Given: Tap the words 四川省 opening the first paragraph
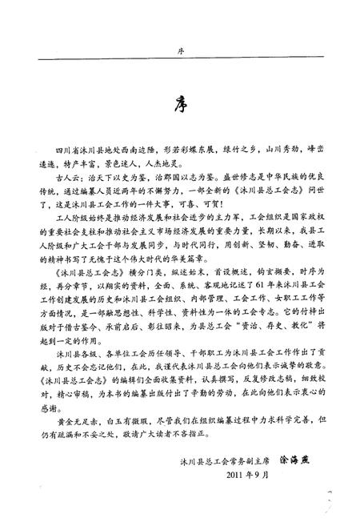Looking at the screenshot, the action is (x=66, y=149).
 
